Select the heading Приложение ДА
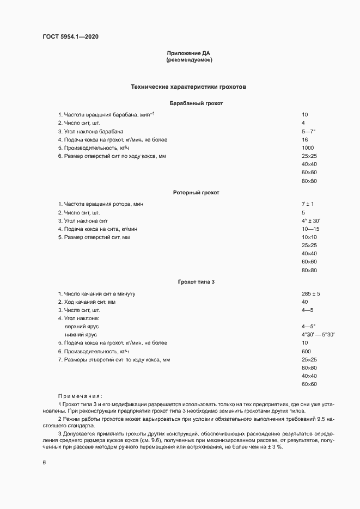[188, 53]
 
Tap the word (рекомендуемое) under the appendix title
[188, 60]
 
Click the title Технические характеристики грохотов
[188, 87]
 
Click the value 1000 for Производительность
[308, 148]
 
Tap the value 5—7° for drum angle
[308, 132]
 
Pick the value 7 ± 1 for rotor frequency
[308, 204]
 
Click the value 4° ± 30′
[310, 220]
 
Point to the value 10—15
[309, 229]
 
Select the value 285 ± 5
[310, 294]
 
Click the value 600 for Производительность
[306, 351]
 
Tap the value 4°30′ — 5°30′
[318, 334]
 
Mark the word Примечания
[80, 396]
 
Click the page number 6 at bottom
[44, 463]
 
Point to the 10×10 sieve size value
[309, 237]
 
